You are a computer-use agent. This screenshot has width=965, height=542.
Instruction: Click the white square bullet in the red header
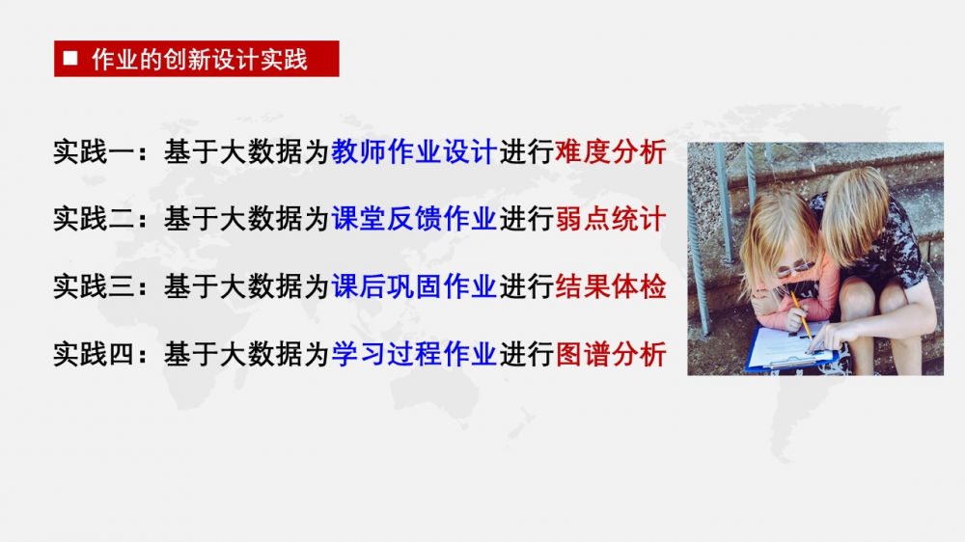pyautogui.click(x=70, y=58)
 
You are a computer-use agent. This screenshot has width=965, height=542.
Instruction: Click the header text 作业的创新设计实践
pyautogui.click(x=200, y=60)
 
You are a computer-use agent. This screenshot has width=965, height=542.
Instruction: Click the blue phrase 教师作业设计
pyautogui.click(x=414, y=151)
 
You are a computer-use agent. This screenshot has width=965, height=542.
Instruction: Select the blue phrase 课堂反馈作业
pyautogui.click(x=414, y=219)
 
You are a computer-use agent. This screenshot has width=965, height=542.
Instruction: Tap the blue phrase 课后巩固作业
pyautogui.click(x=414, y=286)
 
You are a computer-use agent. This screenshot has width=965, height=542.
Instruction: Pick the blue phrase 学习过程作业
pyautogui.click(x=414, y=354)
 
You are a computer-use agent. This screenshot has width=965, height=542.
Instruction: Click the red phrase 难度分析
pyautogui.click(x=611, y=151)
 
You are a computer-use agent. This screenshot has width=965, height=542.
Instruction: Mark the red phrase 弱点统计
pyautogui.click(x=611, y=219)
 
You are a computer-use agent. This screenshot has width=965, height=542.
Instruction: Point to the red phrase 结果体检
pyautogui.click(x=611, y=286)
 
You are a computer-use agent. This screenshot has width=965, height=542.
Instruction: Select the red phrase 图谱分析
pyautogui.click(x=611, y=354)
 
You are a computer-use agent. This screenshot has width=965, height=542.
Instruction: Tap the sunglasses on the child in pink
pyautogui.click(x=794, y=268)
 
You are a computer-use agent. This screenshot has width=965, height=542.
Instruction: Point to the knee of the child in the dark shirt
pyautogui.click(x=859, y=295)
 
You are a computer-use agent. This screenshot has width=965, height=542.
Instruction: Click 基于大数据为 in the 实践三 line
pyautogui.click(x=246, y=286)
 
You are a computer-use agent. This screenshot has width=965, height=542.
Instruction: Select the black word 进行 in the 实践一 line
pyautogui.click(x=526, y=151)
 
